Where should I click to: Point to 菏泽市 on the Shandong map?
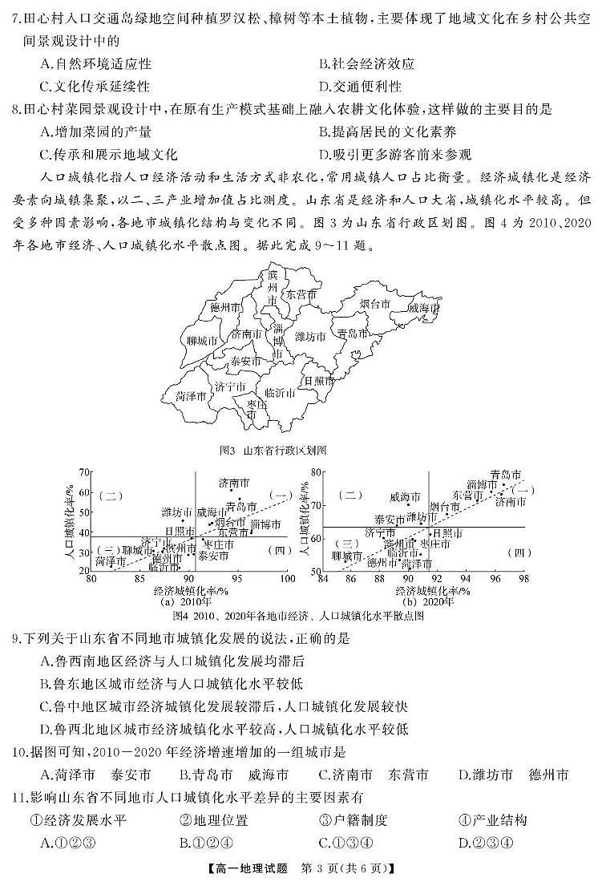191,396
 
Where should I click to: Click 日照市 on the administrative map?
319,381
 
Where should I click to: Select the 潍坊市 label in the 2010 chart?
176,512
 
